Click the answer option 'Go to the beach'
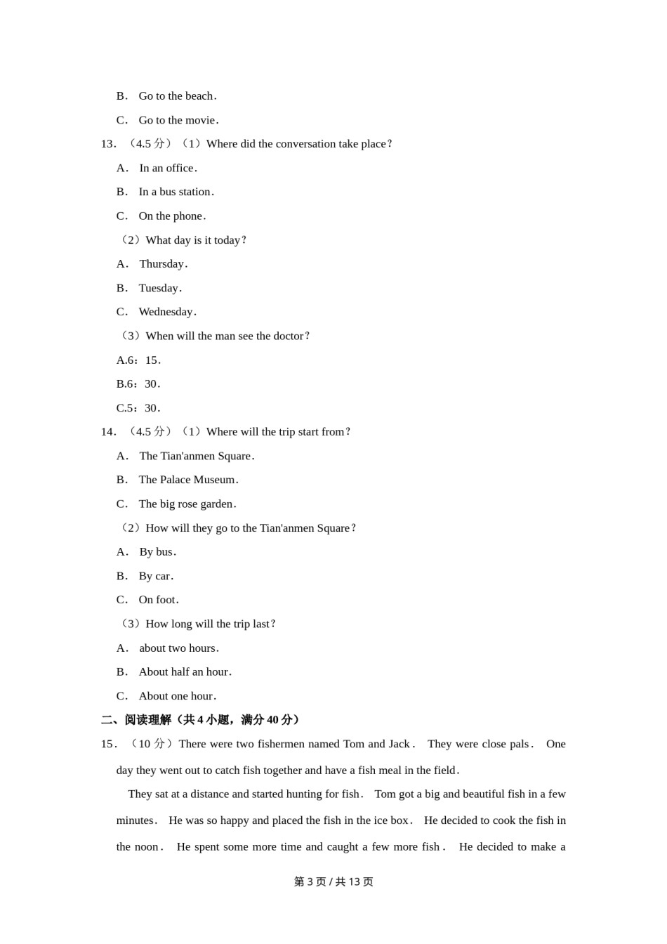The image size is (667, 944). (x=176, y=96)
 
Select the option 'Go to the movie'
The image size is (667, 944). (x=178, y=120)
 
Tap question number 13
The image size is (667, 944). (x=108, y=144)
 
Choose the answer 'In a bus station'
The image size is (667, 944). (x=176, y=192)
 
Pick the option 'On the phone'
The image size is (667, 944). (x=171, y=216)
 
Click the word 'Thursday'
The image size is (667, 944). (x=162, y=264)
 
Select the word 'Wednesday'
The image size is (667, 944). (x=166, y=312)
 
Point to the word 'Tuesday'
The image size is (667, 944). (x=159, y=288)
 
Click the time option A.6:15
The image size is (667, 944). (x=138, y=360)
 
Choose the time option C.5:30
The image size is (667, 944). (x=138, y=408)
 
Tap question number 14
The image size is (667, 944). (x=108, y=432)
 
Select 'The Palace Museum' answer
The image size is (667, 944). (x=187, y=480)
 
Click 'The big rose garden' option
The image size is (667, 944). (x=187, y=504)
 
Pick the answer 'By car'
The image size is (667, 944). (x=155, y=576)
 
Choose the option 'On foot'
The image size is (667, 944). (x=158, y=600)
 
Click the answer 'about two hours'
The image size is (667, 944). (x=178, y=648)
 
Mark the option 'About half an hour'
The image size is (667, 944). (x=184, y=672)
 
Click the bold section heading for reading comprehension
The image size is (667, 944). (x=201, y=720)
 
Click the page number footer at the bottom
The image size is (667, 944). (x=333, y=881)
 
